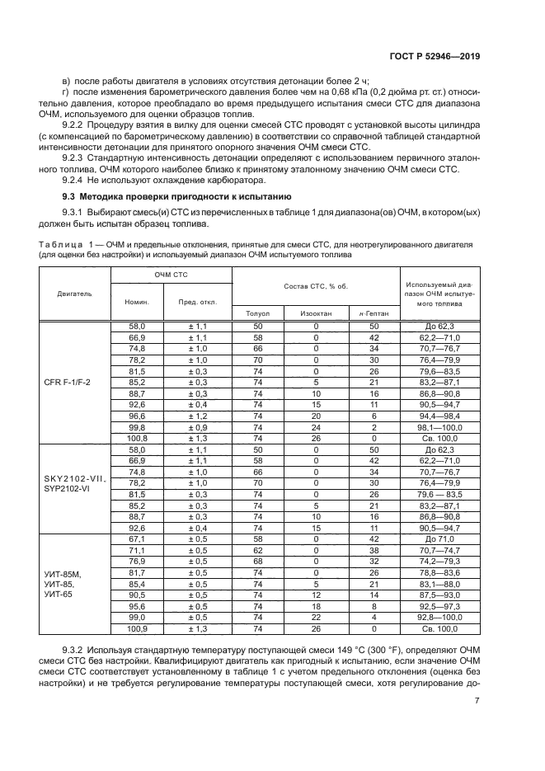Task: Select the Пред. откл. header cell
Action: tap(198, 302)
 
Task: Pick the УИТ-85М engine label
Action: tap(62, 573)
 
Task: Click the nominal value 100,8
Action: tap(137, 440)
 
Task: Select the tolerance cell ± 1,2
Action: tap(198, 417)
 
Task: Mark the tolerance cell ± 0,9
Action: tap(198, 428)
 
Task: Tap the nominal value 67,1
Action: tap(137, 537)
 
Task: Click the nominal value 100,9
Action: tap(137, 628)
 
